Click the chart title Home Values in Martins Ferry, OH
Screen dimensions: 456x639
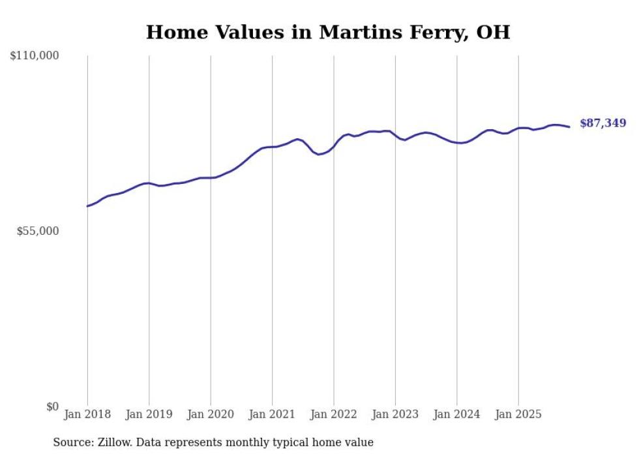coord(327,32)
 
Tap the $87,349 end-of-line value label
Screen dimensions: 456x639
coord(602,123)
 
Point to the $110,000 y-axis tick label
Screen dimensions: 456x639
coord(35,56)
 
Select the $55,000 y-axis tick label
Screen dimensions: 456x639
coord(37,232)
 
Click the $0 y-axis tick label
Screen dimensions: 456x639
coord(52,407)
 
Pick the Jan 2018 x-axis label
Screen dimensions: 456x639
coord(87,414)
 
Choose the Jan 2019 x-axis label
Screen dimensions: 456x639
coord(149,414)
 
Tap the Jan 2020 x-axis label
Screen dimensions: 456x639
coord(211,414)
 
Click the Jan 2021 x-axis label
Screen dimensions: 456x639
coord(272,414)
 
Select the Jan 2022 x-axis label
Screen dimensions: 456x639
coord(334,414)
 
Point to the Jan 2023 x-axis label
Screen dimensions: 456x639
coord(395,414)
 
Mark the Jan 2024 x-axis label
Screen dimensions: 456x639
coord(457,414)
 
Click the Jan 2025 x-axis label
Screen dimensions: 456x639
coord(518,414)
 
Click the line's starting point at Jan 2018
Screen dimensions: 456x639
coord(87,206)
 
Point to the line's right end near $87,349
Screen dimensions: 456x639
coord(569,127)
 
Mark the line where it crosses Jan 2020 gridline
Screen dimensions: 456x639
coord(211,177)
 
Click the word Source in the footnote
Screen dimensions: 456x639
coord(70,442)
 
